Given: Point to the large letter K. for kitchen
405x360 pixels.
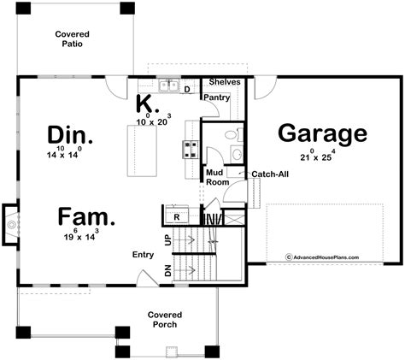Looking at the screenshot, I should (146, 104).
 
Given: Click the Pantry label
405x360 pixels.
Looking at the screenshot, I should (214, 97).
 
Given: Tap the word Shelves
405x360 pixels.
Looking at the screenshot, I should (225, 83).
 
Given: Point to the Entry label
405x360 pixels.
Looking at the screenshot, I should (143, 254).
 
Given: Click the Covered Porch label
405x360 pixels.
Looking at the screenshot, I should (163, 320).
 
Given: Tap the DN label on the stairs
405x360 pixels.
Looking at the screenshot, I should (167, 272).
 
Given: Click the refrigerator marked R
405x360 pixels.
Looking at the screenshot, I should (175, 217).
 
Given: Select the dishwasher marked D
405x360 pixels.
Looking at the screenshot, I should (186, 88).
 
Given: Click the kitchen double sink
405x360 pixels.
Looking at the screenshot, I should (167, 86).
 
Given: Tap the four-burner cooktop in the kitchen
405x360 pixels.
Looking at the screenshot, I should (190, 149).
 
